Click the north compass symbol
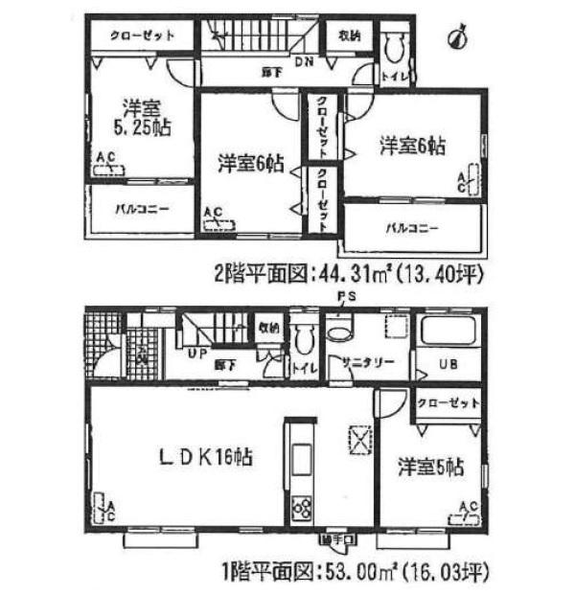[458, 37]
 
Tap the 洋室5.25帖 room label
[142, 116]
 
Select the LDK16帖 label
[205, 459]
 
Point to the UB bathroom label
[448, 365]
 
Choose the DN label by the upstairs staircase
[303, 63]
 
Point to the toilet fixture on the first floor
[304, 338]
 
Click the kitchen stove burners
[301, 507]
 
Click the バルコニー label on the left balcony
[142, 207]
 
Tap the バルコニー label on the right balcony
[413, 228]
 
